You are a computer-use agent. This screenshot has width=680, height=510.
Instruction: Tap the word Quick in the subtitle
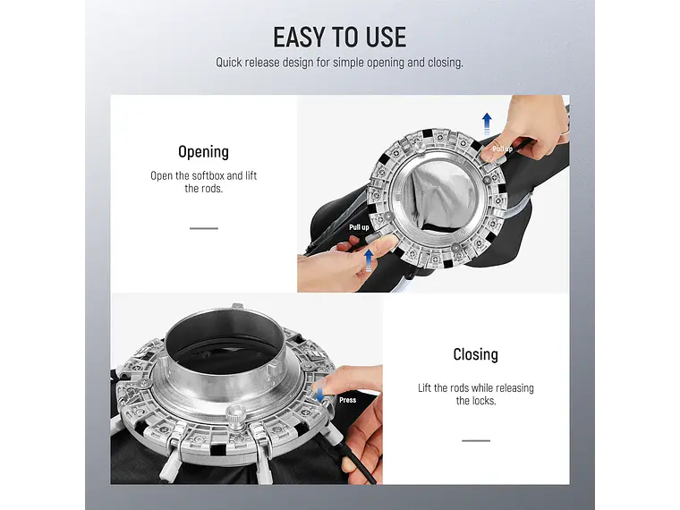[229, 63]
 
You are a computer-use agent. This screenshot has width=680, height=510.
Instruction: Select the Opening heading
[203, 152]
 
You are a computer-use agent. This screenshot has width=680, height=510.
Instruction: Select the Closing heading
[475, 354]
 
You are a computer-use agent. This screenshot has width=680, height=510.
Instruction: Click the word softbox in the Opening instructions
[208, 175]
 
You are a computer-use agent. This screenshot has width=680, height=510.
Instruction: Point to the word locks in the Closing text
[483, 401]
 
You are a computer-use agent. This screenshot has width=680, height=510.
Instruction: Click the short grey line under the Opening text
[204, 228]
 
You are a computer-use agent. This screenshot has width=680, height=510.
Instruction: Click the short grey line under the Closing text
[476, 440]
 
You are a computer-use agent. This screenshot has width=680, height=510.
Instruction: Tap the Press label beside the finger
[347, 400]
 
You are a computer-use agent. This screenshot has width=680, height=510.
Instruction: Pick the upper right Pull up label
[502, 149]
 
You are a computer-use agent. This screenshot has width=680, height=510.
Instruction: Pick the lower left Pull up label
[359, 227]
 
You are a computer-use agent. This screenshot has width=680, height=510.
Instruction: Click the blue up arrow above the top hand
[487, 123]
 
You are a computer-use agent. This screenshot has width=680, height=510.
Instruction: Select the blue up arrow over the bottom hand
[369, 260]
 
